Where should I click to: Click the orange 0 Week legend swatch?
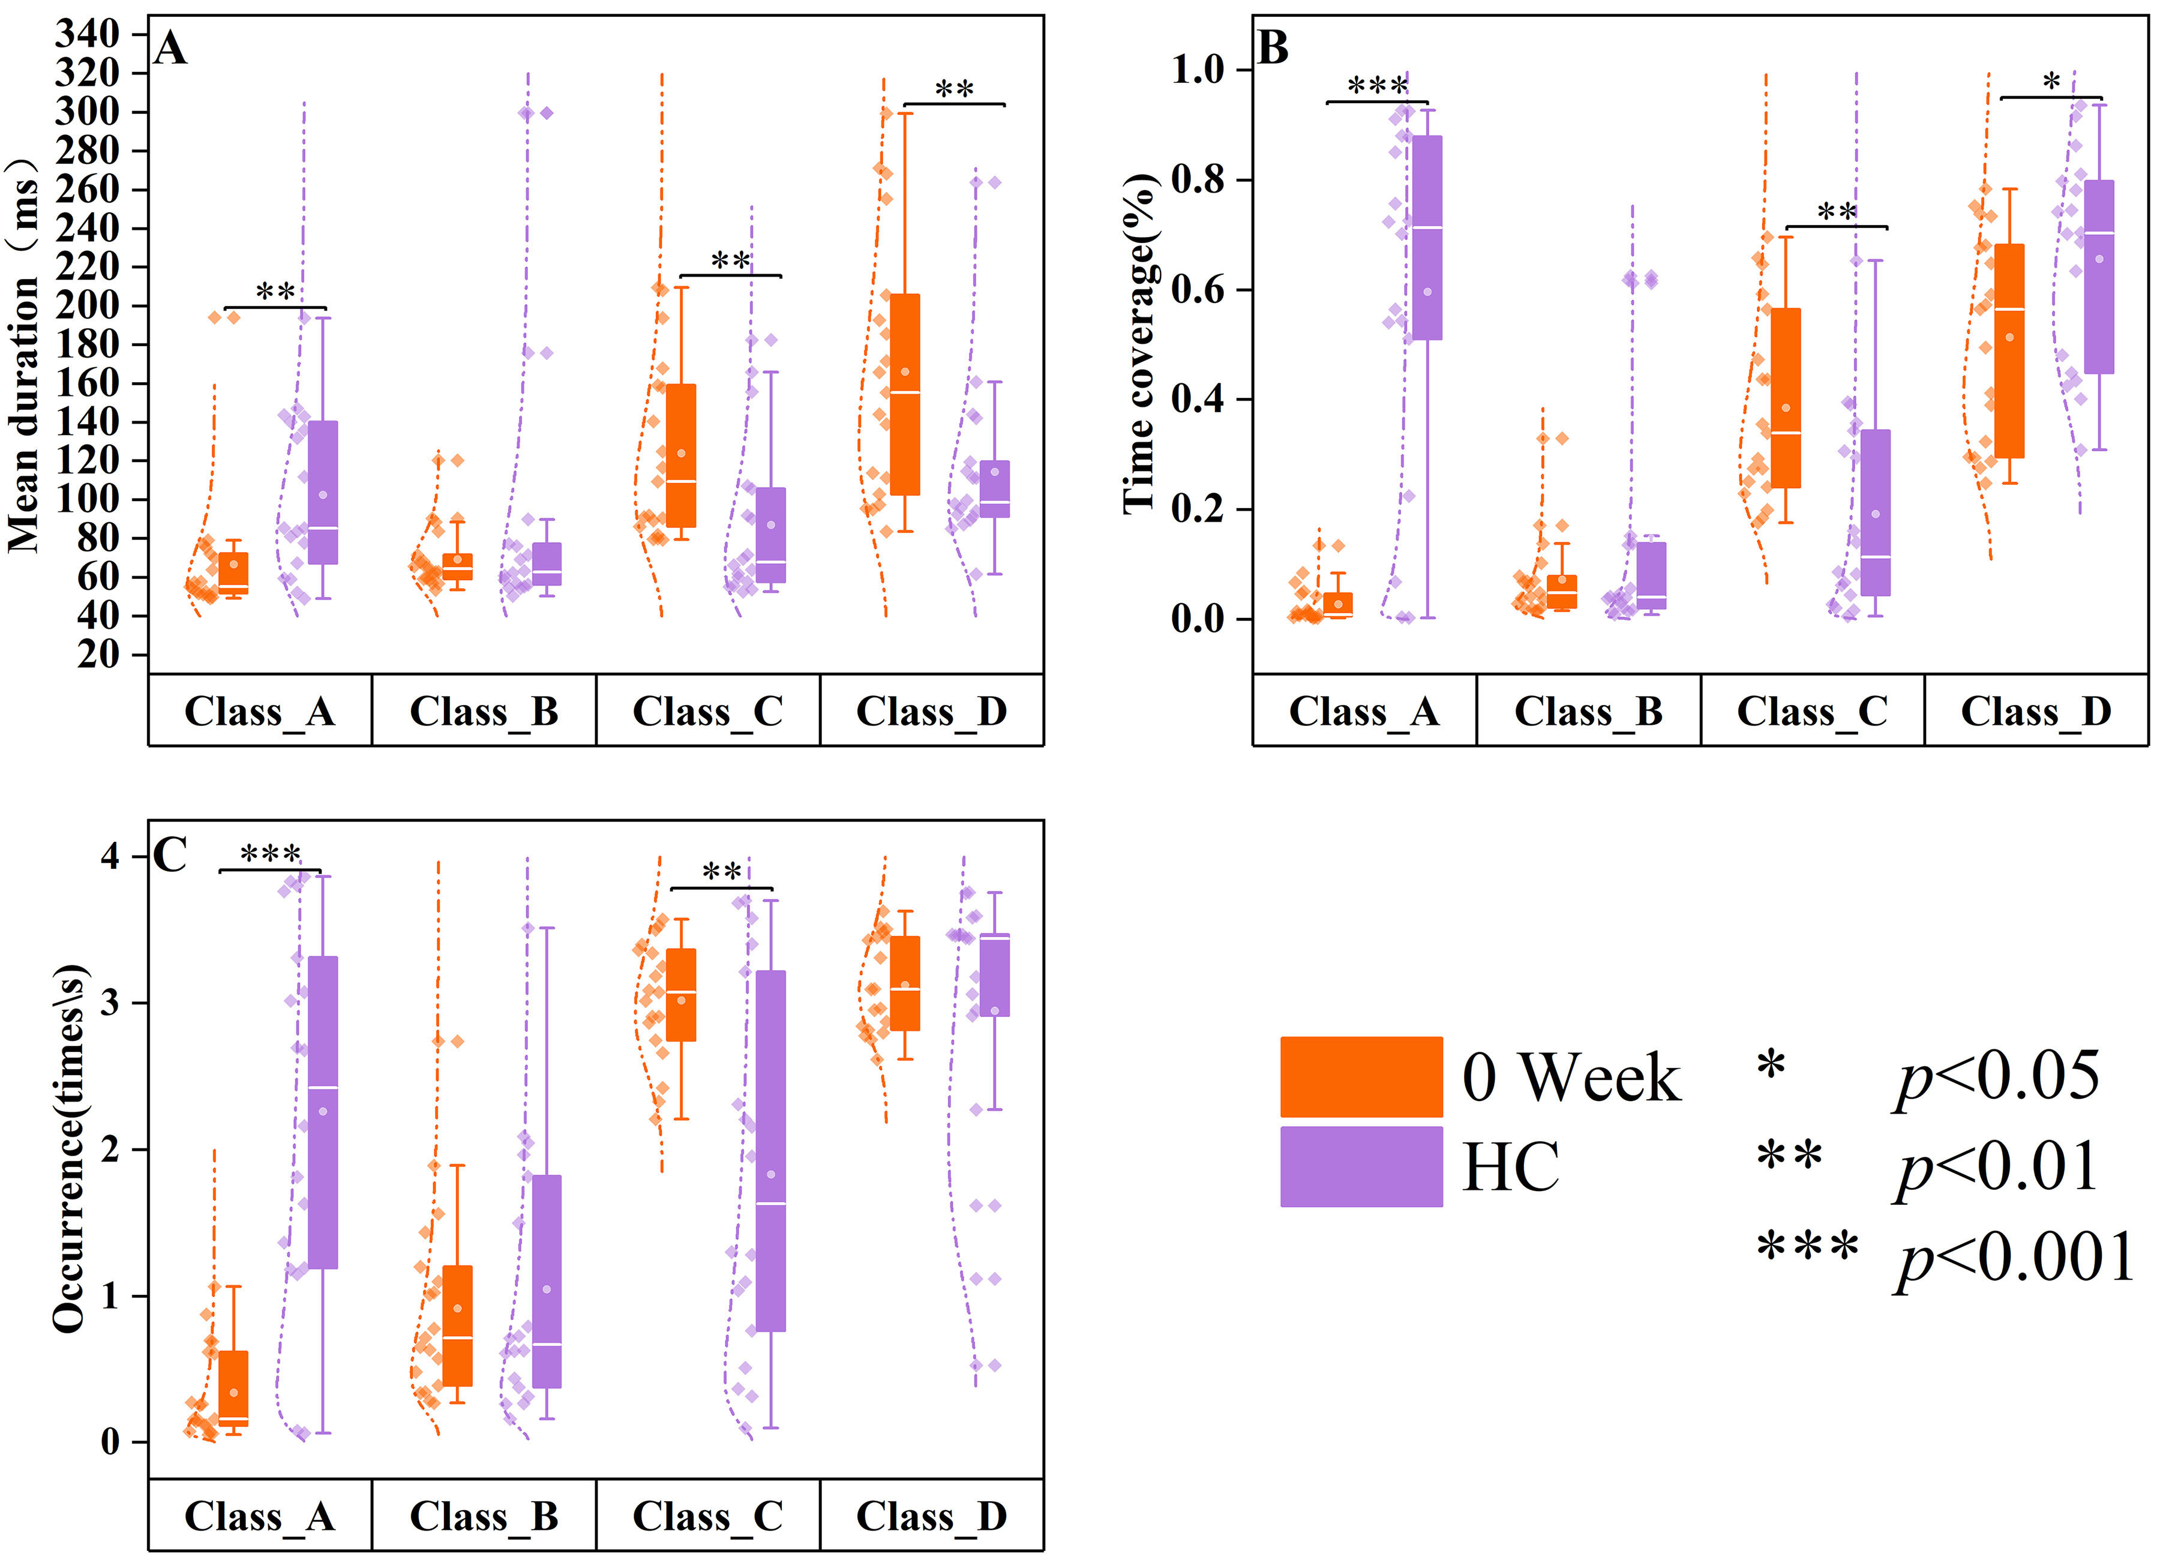[1360, 1076]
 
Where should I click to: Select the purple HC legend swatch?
[1360, 1166]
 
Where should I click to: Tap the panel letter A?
[170, 47]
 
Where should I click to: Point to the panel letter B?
[1273, 47]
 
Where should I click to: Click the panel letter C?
[170, 854]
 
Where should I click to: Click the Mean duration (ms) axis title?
[25, 353]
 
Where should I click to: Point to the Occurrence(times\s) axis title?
[68, 1148]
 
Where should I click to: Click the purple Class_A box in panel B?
[1427, 237]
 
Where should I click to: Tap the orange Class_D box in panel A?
[905, 394]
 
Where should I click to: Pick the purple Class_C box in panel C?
[770, 1150]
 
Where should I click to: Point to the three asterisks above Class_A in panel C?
[271, 853]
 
